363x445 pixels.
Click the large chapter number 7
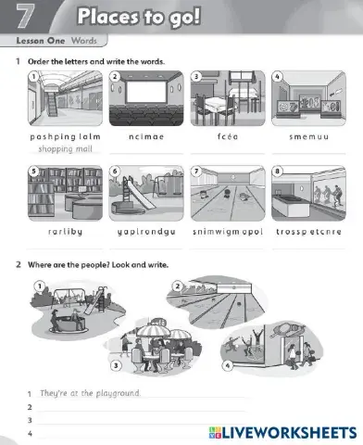coord(26,16)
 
